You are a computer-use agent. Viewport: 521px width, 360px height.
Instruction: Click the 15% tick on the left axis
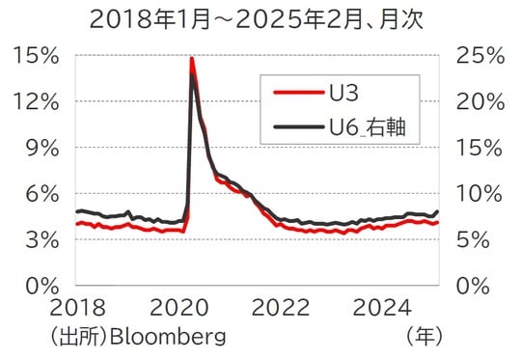[35, 56]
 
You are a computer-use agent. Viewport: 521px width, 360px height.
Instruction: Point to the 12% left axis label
[35, 101]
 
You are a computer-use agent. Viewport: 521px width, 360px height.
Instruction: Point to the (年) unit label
[424, 337]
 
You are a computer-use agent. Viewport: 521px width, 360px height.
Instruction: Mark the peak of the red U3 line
[192, 59]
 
